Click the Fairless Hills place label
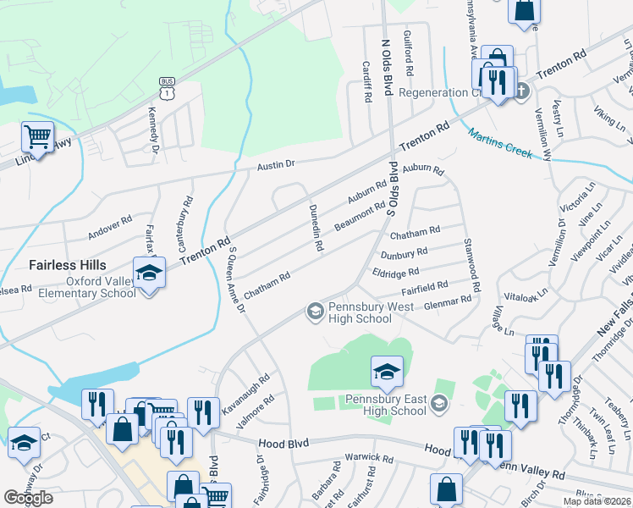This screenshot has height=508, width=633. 68,265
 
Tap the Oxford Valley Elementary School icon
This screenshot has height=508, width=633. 150,273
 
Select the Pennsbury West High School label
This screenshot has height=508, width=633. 360,312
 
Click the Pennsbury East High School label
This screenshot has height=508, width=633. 385,405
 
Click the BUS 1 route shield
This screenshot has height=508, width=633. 166,86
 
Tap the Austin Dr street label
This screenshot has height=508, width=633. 276,165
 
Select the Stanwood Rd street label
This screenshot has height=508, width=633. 471,264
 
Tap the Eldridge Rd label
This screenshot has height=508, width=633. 395,273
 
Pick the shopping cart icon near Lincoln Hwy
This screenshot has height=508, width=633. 37,135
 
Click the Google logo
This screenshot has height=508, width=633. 28,497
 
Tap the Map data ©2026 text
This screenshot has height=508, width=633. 597,501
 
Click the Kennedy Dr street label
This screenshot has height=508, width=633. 154,124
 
